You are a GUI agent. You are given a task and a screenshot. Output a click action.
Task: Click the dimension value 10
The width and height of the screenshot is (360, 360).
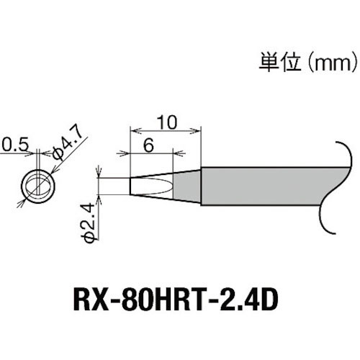(x=166, y=122)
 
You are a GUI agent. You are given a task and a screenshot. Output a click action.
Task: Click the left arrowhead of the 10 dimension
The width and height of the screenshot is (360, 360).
(x=132, y=130)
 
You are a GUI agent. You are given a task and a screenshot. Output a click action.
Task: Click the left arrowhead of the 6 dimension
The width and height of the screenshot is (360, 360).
(x=132, y=153)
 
